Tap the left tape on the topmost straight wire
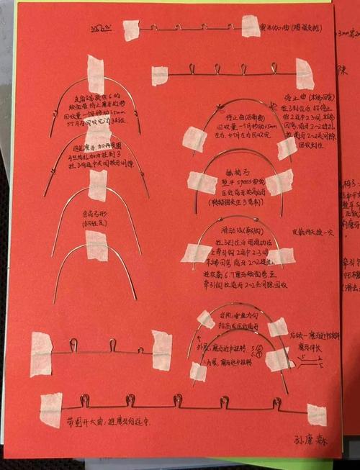[x=131, y=30]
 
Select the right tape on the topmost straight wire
[x=251, y=27]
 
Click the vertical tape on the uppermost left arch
[x=96, y=74]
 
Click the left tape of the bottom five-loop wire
[x=51, y=410]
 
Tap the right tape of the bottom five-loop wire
[x=315, y=415]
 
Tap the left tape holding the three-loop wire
[x=41, y=354]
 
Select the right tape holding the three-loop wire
[x=162, y=351]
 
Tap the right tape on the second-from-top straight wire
[x=304, y=73]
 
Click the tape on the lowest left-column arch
[x=97, y=246]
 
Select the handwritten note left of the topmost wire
[x=102, y=30]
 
